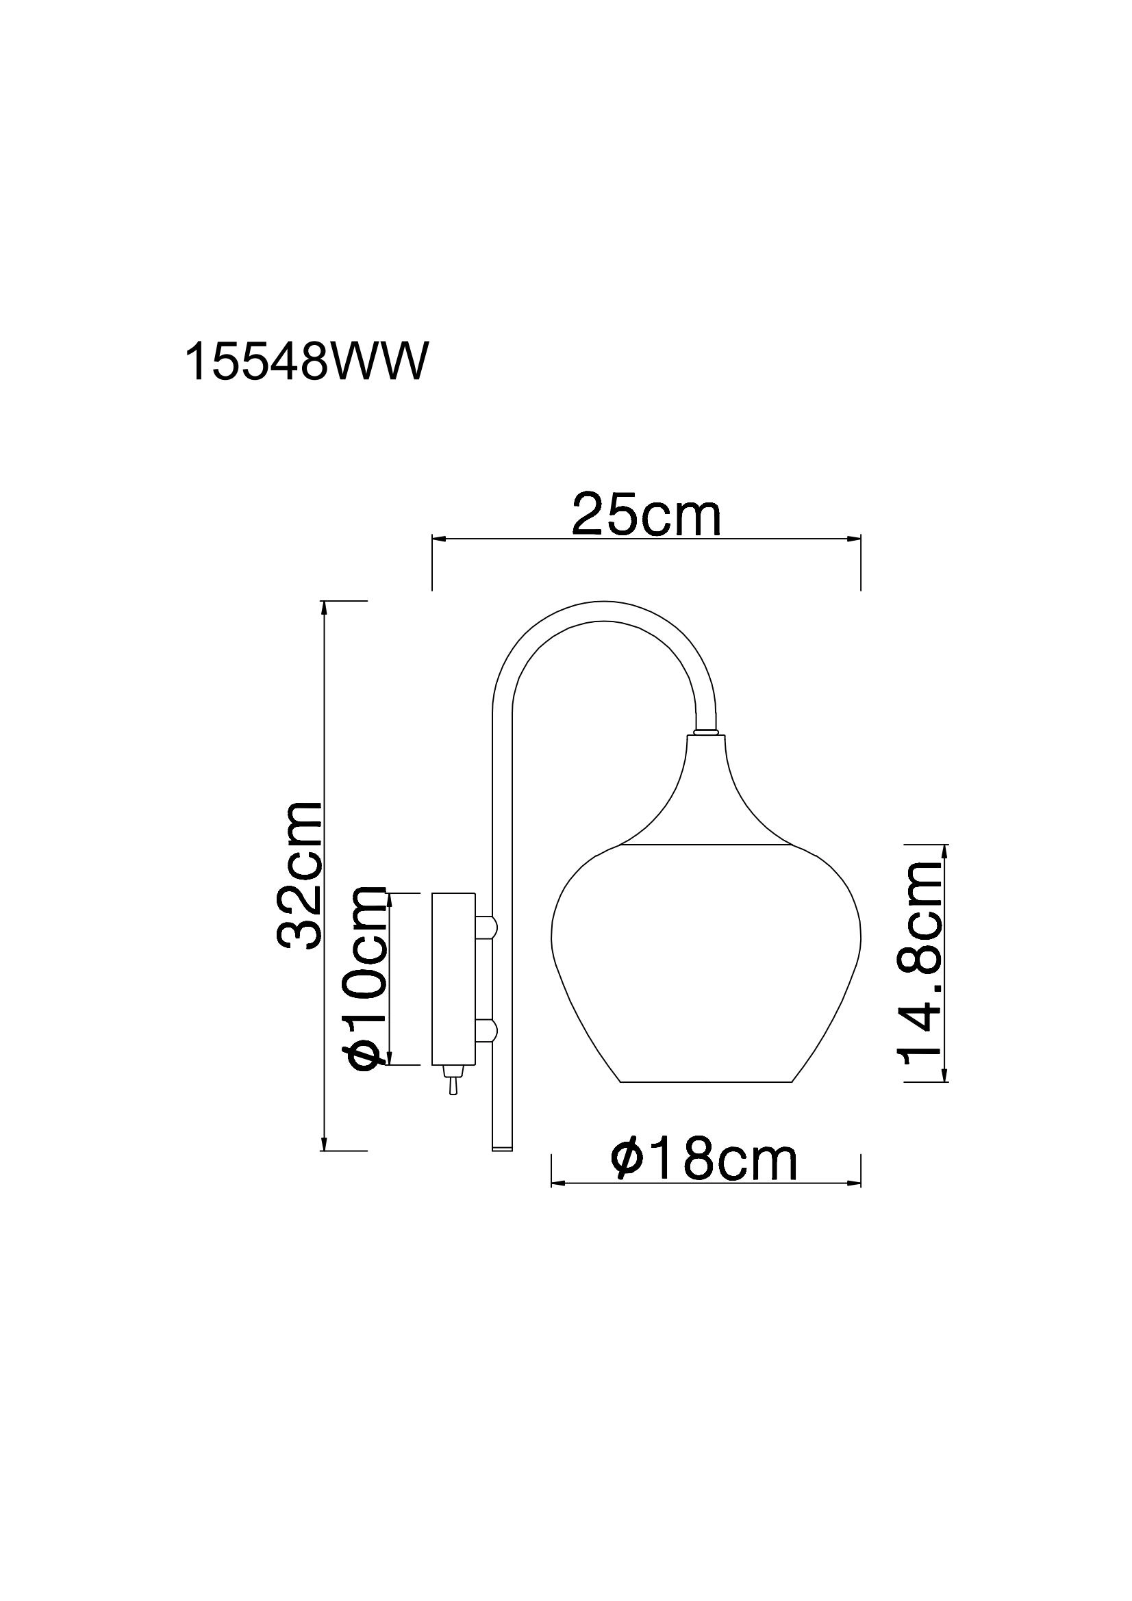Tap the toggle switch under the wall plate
pos(452,1100)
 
